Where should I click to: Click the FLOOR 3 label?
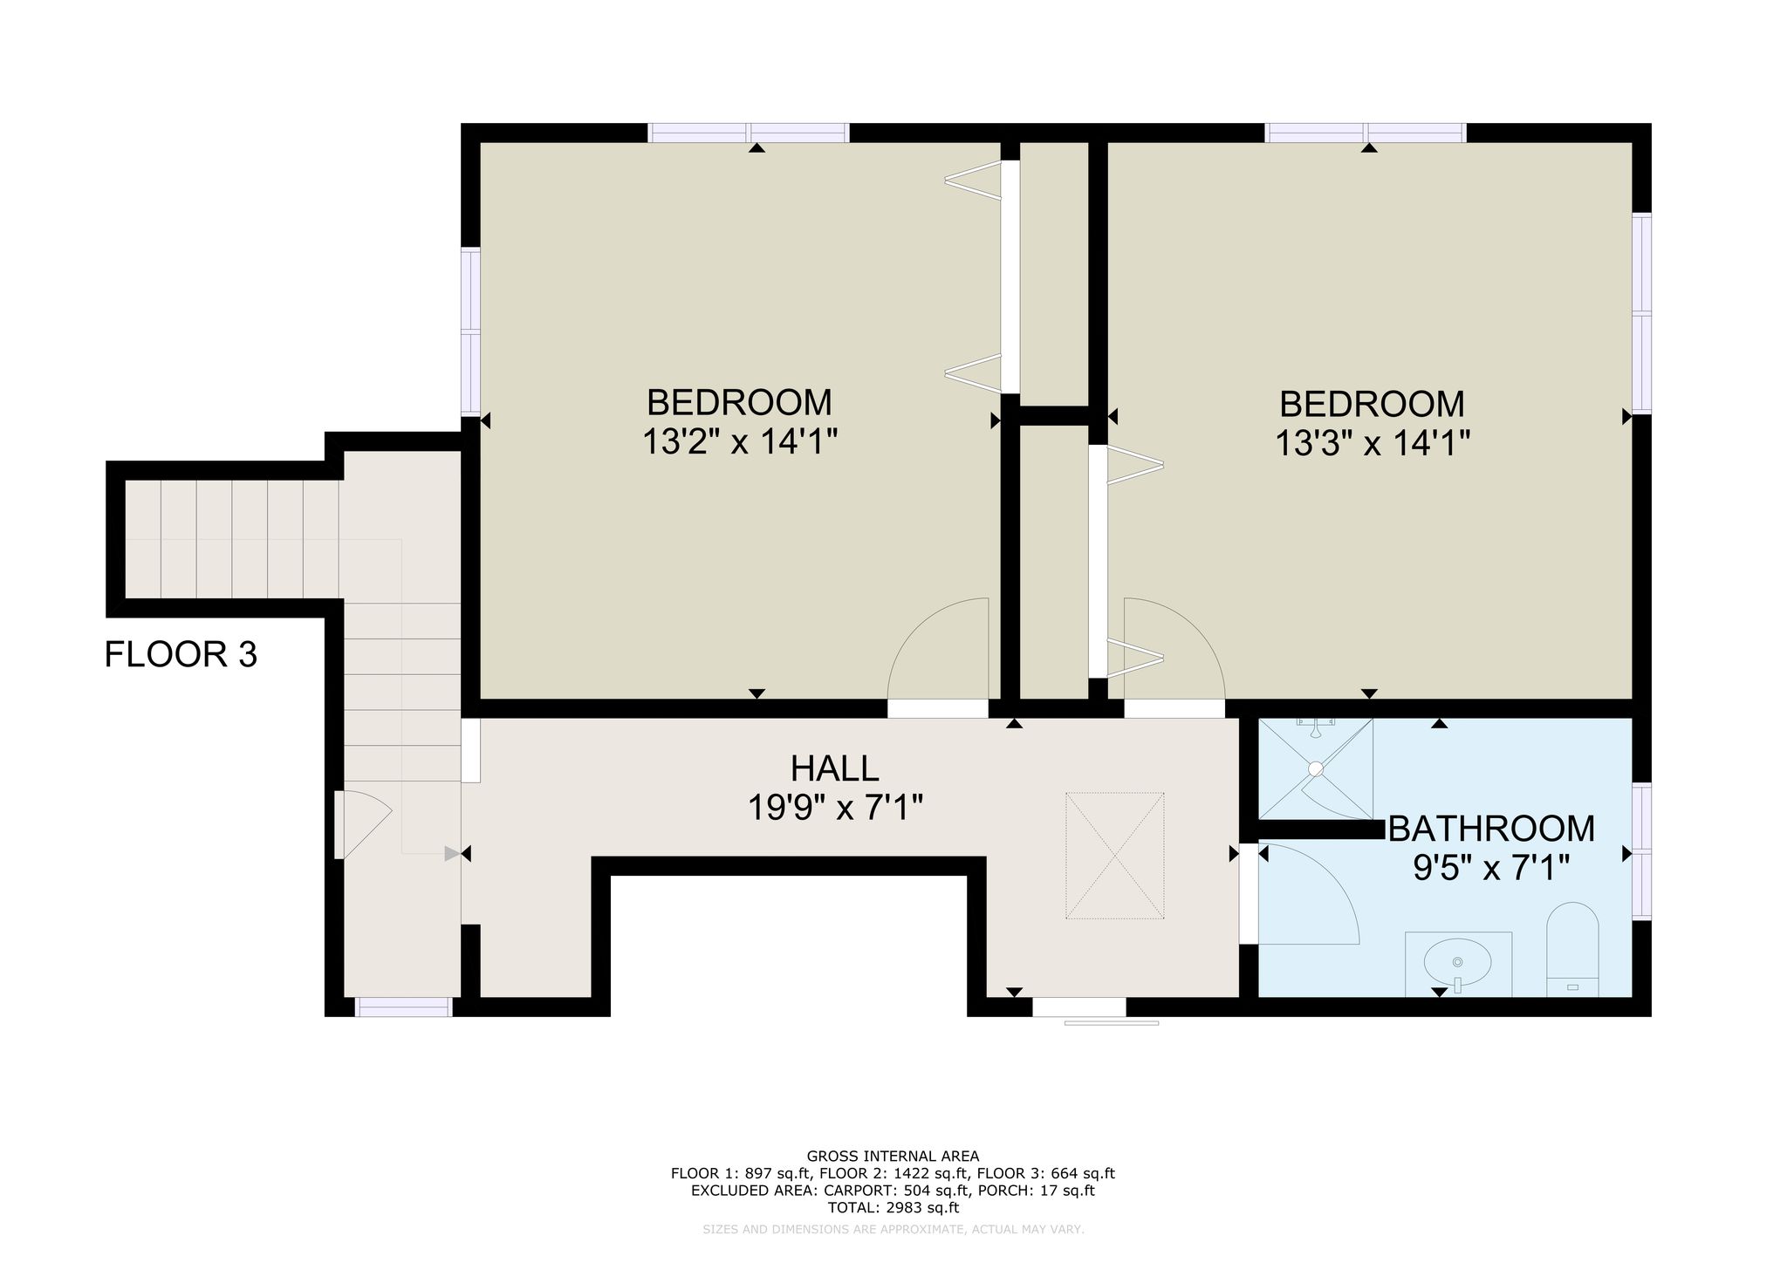[x=181, y=654]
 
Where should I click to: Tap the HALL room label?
[x=834, y=768]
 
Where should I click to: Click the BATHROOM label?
[x=1491, y=829]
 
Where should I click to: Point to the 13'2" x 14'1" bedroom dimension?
[x=740, y=442]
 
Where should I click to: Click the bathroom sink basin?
[x=1457, y=962]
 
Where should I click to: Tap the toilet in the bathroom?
[x=1572, y=949]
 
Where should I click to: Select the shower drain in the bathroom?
[x=1315, y=768]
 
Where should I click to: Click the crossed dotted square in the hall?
[x=1114, y=855]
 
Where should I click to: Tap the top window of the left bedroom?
[x=749, y=133]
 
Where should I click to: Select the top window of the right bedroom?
[x=1366, y=133]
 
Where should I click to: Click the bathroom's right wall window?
[x=1641, y=850]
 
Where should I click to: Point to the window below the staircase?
[x=403, y=1007]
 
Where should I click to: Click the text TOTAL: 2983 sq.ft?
[x=893, y=1208]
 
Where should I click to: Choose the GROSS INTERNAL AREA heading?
[x=893, y=1157]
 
